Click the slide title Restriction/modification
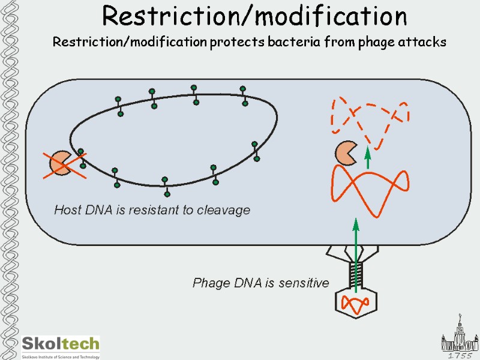[254, 16]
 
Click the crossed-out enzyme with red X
[62, 163]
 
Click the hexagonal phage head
[355, 302]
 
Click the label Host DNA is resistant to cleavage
[152, 210]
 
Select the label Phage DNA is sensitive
[260, 283]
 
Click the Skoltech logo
[60, 346]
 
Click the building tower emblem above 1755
[459, 333]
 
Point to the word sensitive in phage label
[304, 283]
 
